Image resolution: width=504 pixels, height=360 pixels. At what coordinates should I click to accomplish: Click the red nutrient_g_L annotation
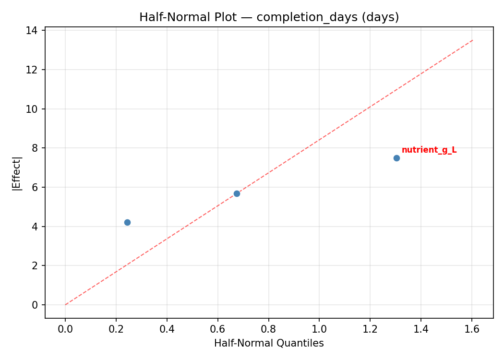point(429,150)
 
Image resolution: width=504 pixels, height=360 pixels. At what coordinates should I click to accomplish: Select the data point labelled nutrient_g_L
point(396,158)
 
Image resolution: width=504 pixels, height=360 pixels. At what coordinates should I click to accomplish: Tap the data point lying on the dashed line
point(237,193)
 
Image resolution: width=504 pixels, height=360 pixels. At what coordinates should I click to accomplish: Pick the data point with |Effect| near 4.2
point(127,222)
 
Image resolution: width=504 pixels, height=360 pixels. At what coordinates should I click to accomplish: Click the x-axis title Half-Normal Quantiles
point(269,343)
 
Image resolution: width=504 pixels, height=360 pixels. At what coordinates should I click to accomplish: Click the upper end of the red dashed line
point(473,40)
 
